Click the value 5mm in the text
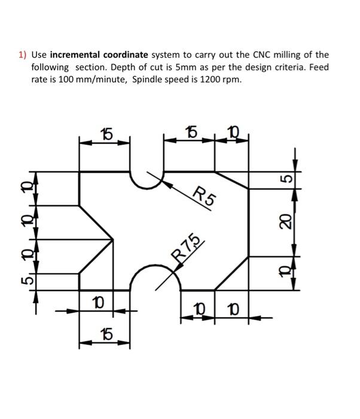(173, 67)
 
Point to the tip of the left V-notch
(113, 240)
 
